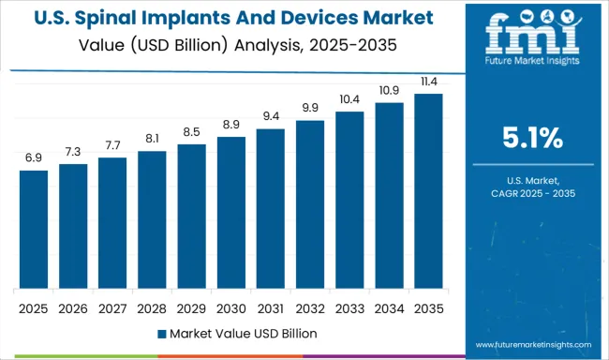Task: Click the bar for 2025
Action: [x=34, y=229]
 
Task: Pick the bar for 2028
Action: [x=152, y=219]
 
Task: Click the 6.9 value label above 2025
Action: [x=34, y=158]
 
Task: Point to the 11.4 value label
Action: [x=428, y=82]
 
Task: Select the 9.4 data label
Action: [x=270, y=116]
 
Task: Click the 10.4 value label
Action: [x=349, y=99]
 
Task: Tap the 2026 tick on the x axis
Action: [x=73, y=307]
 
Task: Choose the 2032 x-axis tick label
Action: [x=309, y=307]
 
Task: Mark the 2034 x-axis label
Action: [x=389, y=307]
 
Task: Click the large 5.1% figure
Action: [x=531, y=139]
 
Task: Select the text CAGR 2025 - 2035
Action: [x=531, y=192]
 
